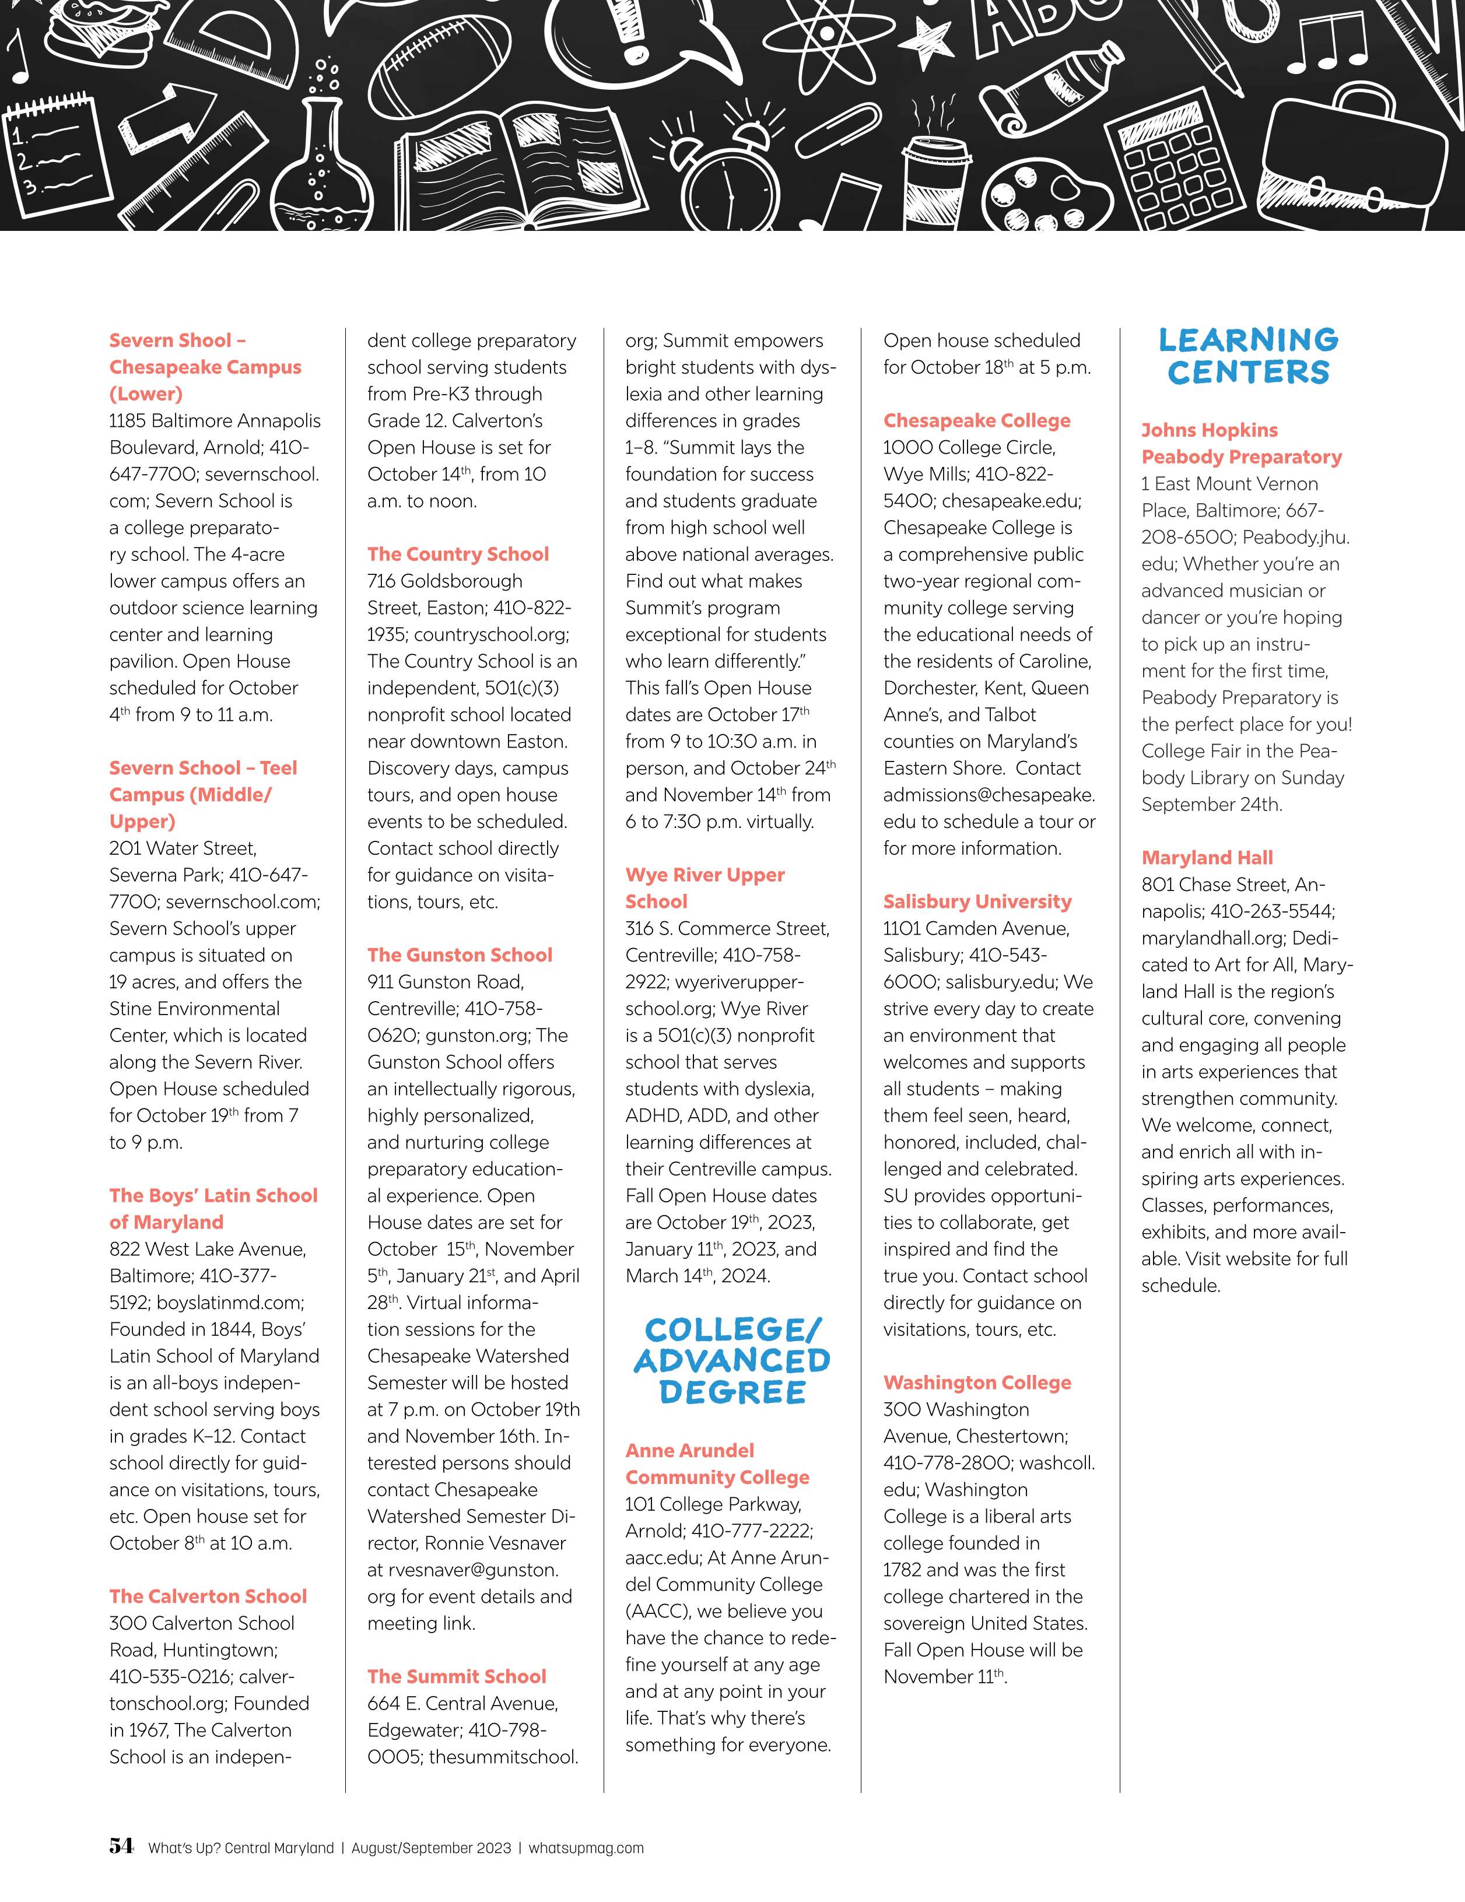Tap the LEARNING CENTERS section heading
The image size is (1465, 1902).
1248,355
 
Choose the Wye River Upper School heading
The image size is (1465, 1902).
704,887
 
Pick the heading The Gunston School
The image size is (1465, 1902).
459,954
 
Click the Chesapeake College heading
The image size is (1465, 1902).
976,420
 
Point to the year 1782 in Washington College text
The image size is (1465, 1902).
902,1569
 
